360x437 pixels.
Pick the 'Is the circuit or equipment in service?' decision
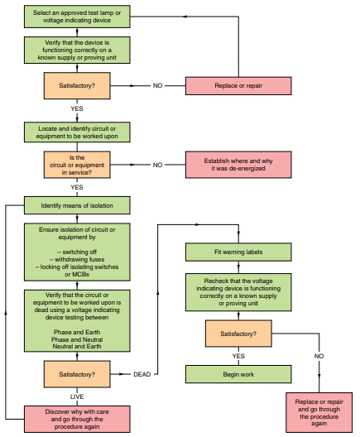coord(77,164)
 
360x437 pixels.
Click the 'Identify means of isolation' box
coord(77,204)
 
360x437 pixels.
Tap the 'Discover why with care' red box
coord(77,419)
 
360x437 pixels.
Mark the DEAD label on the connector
coord(142,374)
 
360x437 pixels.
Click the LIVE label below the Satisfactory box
coord(77,397)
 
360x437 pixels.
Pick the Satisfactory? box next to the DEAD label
coord(77,374)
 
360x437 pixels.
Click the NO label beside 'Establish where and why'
coord(158,165)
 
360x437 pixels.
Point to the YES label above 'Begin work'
coord(238,356)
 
